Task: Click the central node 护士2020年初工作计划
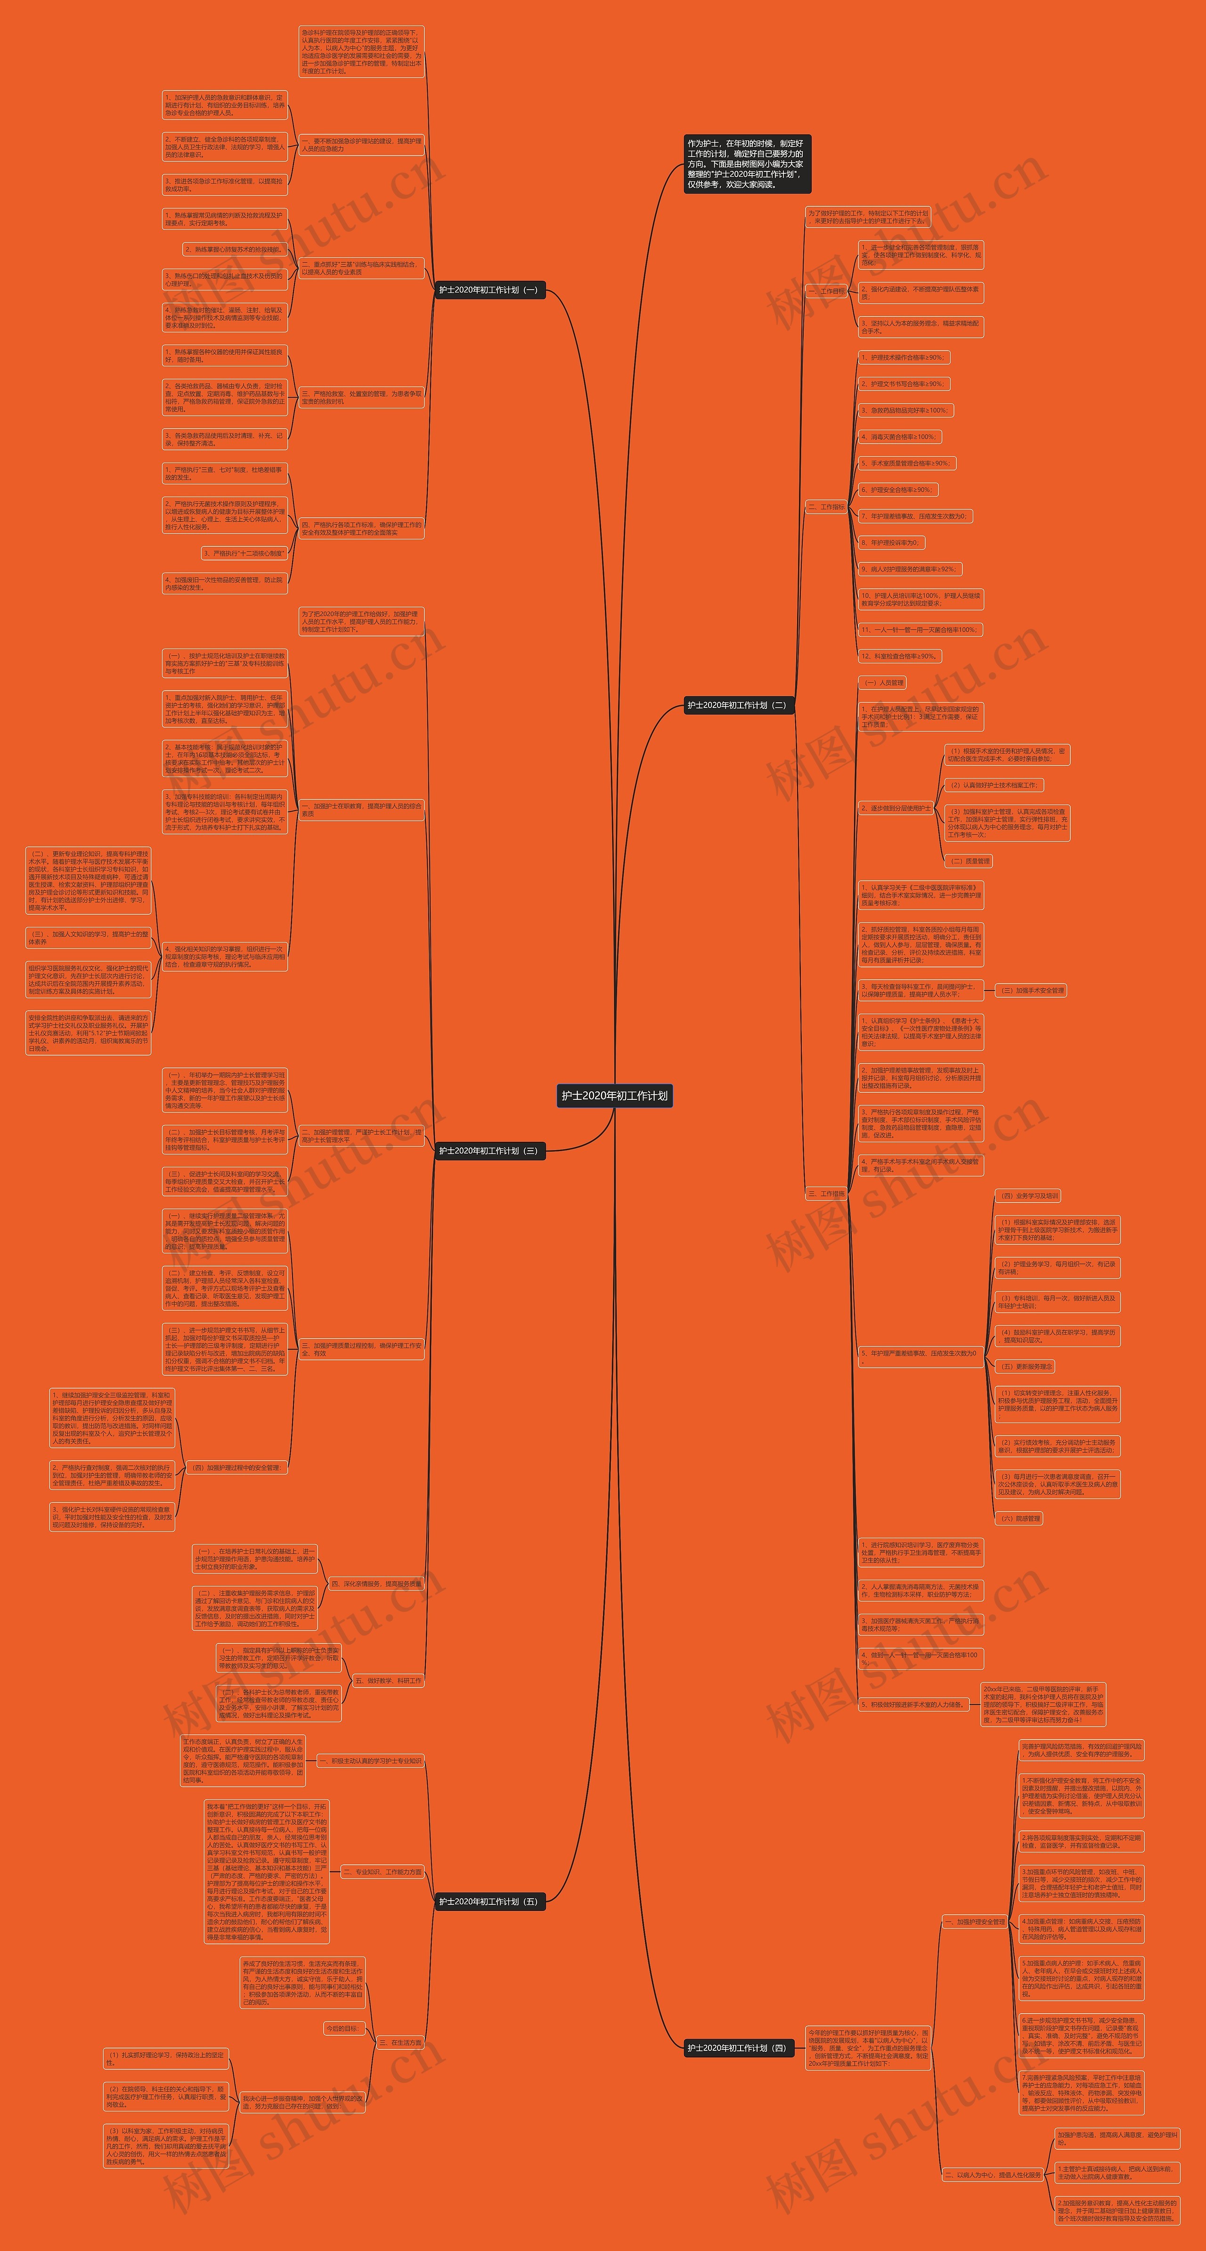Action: [x=614, y=1095]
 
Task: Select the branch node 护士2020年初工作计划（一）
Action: [x=489, y=289]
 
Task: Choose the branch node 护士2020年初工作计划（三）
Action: [x=489, y=1151]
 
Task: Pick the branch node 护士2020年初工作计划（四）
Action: [x=738, y=2048]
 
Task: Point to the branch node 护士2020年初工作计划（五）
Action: [x=489, y=1902]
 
